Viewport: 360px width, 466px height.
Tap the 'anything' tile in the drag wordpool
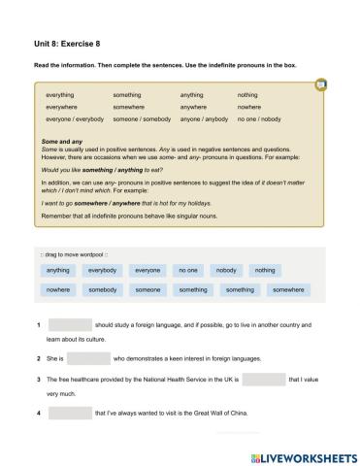point(58,270)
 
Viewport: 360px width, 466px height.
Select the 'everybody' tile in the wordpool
point(103,270)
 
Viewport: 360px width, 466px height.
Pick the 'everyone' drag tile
point(148,270)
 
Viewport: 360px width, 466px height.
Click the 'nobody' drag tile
point(226,270)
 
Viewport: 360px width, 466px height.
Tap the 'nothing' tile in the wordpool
point(265,270)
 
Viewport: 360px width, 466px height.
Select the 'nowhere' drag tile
point(58,289)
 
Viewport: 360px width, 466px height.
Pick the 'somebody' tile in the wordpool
point(103,289)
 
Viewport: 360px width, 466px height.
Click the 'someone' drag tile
point(148,289)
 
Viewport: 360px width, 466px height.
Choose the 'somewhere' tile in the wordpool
point(287,289)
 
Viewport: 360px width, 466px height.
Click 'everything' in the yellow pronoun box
point(60,95)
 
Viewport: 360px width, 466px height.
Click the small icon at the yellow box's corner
point(321,85)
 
